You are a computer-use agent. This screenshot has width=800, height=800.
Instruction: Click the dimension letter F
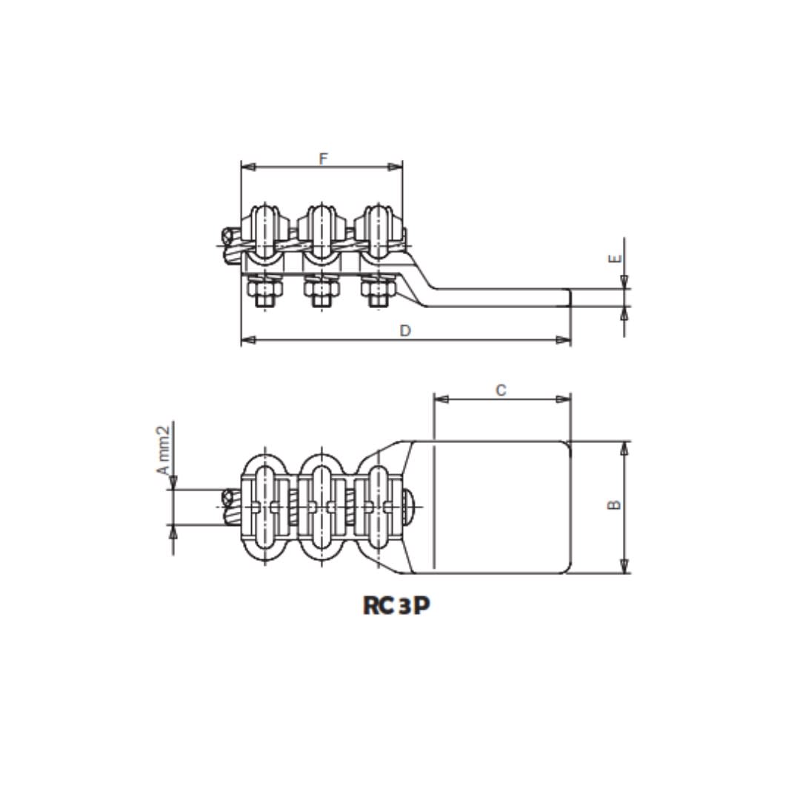point(322,159)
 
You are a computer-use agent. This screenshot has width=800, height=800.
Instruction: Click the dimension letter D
point(405,331)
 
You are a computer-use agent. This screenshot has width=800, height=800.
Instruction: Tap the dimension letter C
point(501,390)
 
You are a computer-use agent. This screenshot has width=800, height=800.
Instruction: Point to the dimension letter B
point(614,505)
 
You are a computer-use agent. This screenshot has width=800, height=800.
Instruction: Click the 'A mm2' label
point(164,450)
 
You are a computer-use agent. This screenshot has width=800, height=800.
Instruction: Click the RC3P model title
point(396,605)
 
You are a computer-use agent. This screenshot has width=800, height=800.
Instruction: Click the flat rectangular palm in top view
point(501,507)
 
